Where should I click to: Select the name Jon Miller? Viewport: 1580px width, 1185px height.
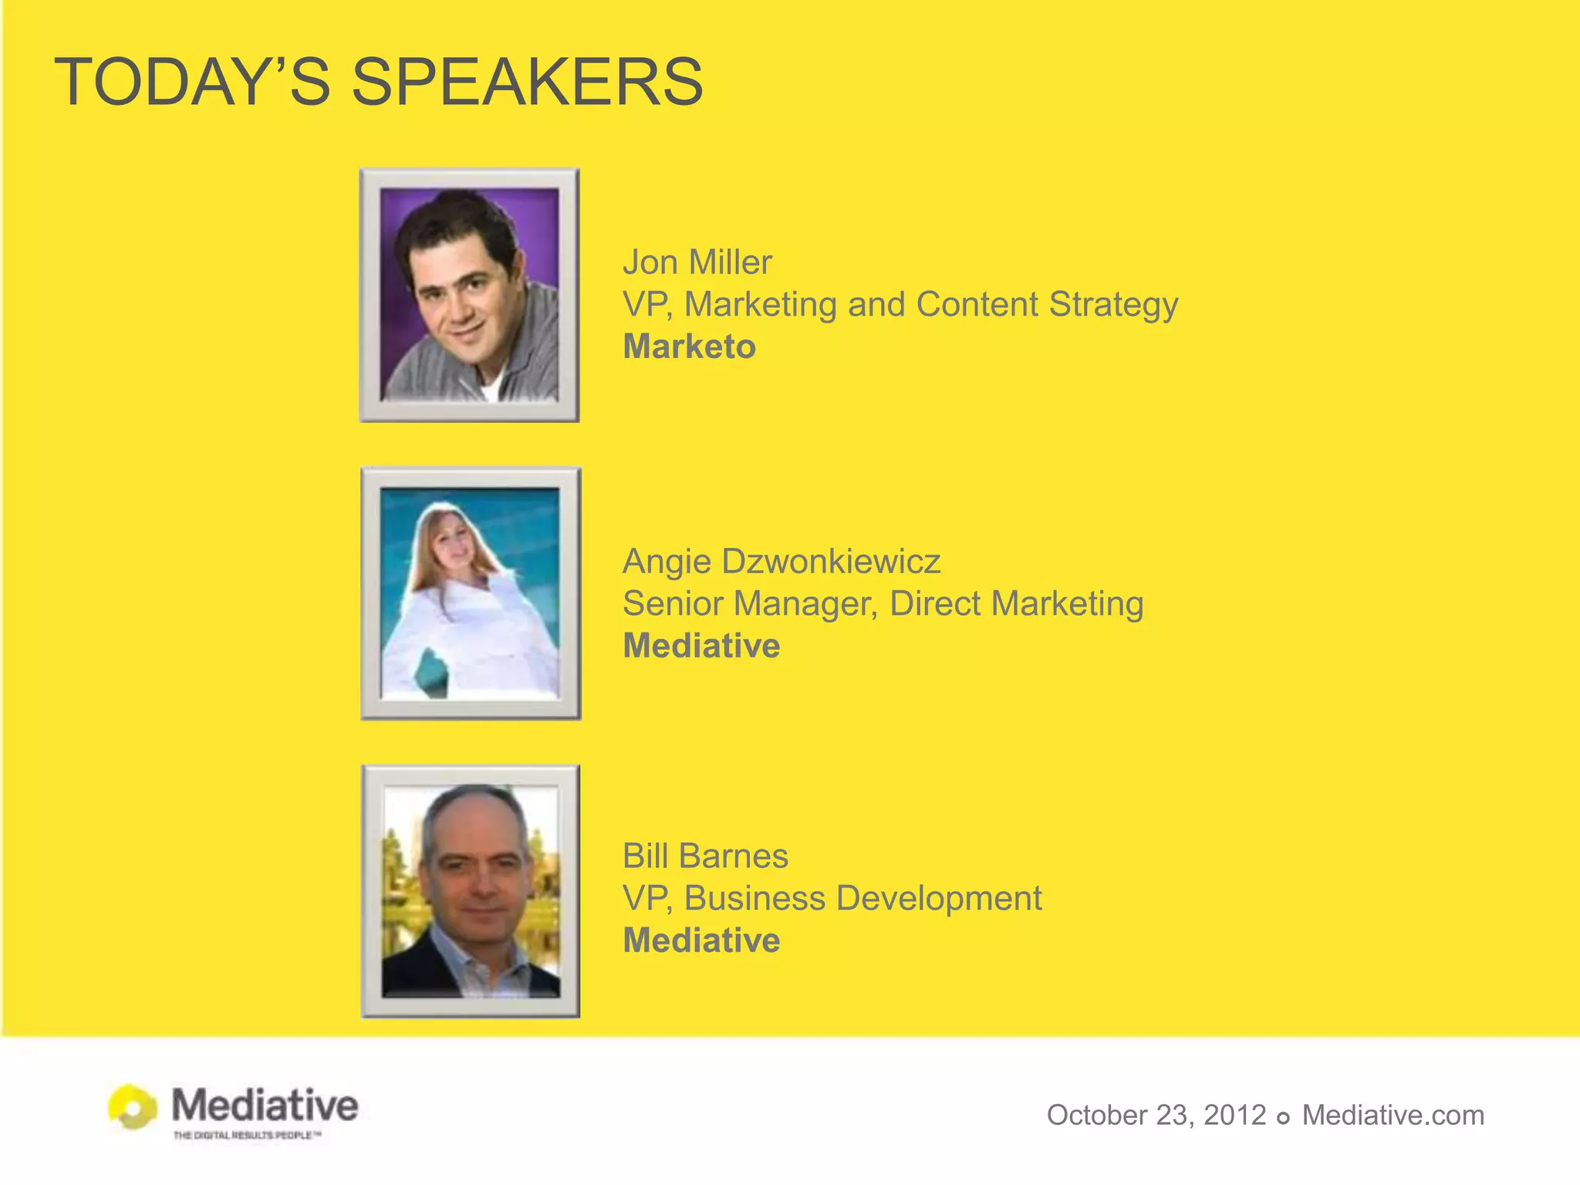pyautogui.click(x=697, y=262)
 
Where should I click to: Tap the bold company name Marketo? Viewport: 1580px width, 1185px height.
pyautogui.click(x=689, y=346)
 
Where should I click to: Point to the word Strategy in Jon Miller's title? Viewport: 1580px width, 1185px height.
pyautogui.click(x=1113, y=305)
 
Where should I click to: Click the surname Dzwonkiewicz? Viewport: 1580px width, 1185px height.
pyautogui.click(x=831, y=561)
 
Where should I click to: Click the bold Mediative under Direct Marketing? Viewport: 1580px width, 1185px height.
pyautogui.click(x=701, y=646)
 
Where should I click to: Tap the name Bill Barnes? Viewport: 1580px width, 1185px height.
pyautogui.click(x=705, y=856)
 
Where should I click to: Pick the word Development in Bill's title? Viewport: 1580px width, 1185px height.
pyautogui.click(x=940, y=898)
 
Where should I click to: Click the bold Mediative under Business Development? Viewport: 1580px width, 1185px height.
pyautogui.click(x=701, y=940)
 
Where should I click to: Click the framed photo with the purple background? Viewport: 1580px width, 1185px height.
pyautogui.click(x=469, y=295)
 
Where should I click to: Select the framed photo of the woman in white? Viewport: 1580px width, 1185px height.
pyautogui.click(x=471, y=593)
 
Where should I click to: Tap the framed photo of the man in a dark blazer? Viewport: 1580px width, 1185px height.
pyautogui.click(x=471, y=891)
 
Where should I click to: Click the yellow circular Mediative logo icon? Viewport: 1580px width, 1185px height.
pyautogui.click(x=133, y=1107)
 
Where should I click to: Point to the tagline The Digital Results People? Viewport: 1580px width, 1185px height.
pyautogui.click(x=247, y=1135)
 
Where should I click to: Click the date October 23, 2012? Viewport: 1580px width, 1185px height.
pyautogui.click(x=1156, y=1115)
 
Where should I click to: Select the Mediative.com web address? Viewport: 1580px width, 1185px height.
pyautogui.click(x=1393, y=1115)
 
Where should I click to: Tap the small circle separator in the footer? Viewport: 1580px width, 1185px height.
pyautogui.click(x=1284, y=1118)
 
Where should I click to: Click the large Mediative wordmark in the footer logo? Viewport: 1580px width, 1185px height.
pyautogui.click(x=265, y=1105)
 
